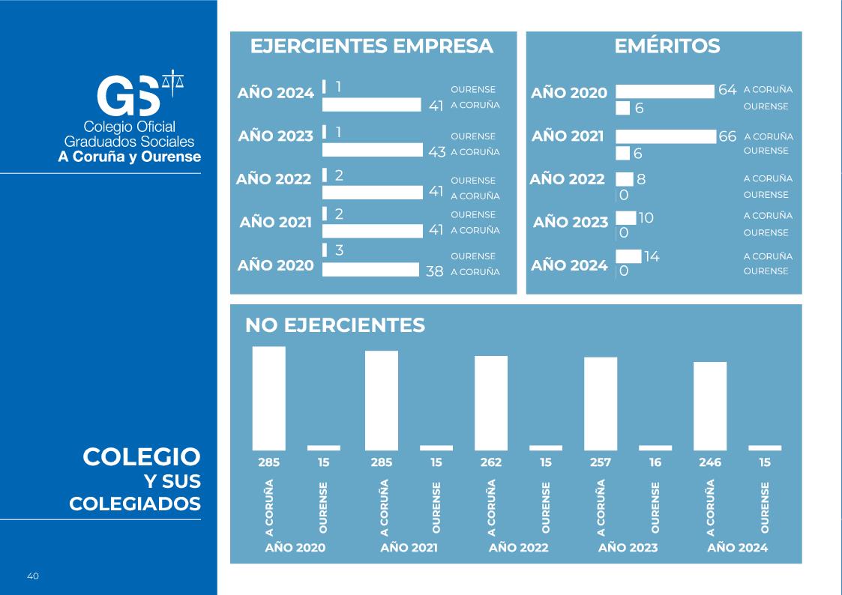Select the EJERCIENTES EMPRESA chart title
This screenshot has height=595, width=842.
(x=371, y=46)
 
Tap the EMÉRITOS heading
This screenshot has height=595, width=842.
(x=667, y=46)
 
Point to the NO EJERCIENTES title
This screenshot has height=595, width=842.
(x=334, y=325)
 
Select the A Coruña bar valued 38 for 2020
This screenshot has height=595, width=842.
(x=370, y=270)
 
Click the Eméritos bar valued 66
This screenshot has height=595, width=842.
(x=666, y=136)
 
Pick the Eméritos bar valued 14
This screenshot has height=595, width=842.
(x=628, y=256)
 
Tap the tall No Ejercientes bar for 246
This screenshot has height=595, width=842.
(x=709, y=405)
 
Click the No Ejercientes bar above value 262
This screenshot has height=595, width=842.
(x=491, y=402)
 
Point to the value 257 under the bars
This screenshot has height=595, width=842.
(x=601, y=462)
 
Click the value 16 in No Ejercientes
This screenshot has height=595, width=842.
(x=655, y=462)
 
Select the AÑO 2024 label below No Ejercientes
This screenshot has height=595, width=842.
(x=738, y=548)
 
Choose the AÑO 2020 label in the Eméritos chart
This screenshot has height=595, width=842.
(x=569, y=94)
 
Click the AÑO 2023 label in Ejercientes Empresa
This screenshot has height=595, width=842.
(x=275, y=136)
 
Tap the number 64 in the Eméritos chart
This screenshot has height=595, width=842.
(x=727, y=90)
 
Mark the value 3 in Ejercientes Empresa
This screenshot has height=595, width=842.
(x=339, y=250)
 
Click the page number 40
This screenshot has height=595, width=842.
(x=33, y=576)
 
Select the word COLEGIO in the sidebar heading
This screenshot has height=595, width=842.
(x=142, y=456)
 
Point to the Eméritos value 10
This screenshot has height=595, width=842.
(x=646, y=218)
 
